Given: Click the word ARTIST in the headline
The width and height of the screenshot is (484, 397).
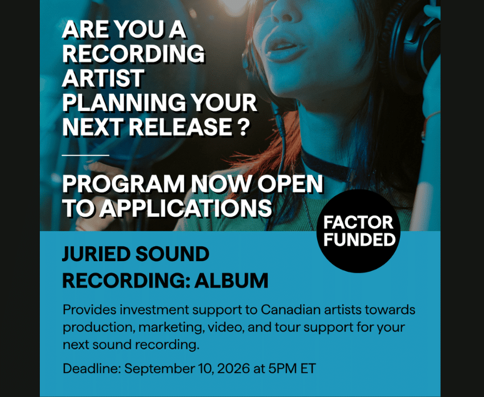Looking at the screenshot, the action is click(103, 78).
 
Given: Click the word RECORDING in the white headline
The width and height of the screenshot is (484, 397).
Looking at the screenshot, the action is click(133, 53).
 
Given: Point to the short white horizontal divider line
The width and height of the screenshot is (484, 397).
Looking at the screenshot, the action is click(85, 155).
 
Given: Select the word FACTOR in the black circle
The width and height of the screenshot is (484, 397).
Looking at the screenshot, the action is click(358, 222).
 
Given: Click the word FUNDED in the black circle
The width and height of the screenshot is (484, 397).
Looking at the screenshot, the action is click(359, 239).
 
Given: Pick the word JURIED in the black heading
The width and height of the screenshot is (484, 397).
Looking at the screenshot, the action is click(96, 254).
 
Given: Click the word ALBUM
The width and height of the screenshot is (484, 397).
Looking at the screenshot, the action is click(231, 280).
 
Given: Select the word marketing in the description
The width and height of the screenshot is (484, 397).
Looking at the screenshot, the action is click(171, 328).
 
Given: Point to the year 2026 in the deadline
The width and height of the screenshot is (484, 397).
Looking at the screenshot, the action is click(233, 369).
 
